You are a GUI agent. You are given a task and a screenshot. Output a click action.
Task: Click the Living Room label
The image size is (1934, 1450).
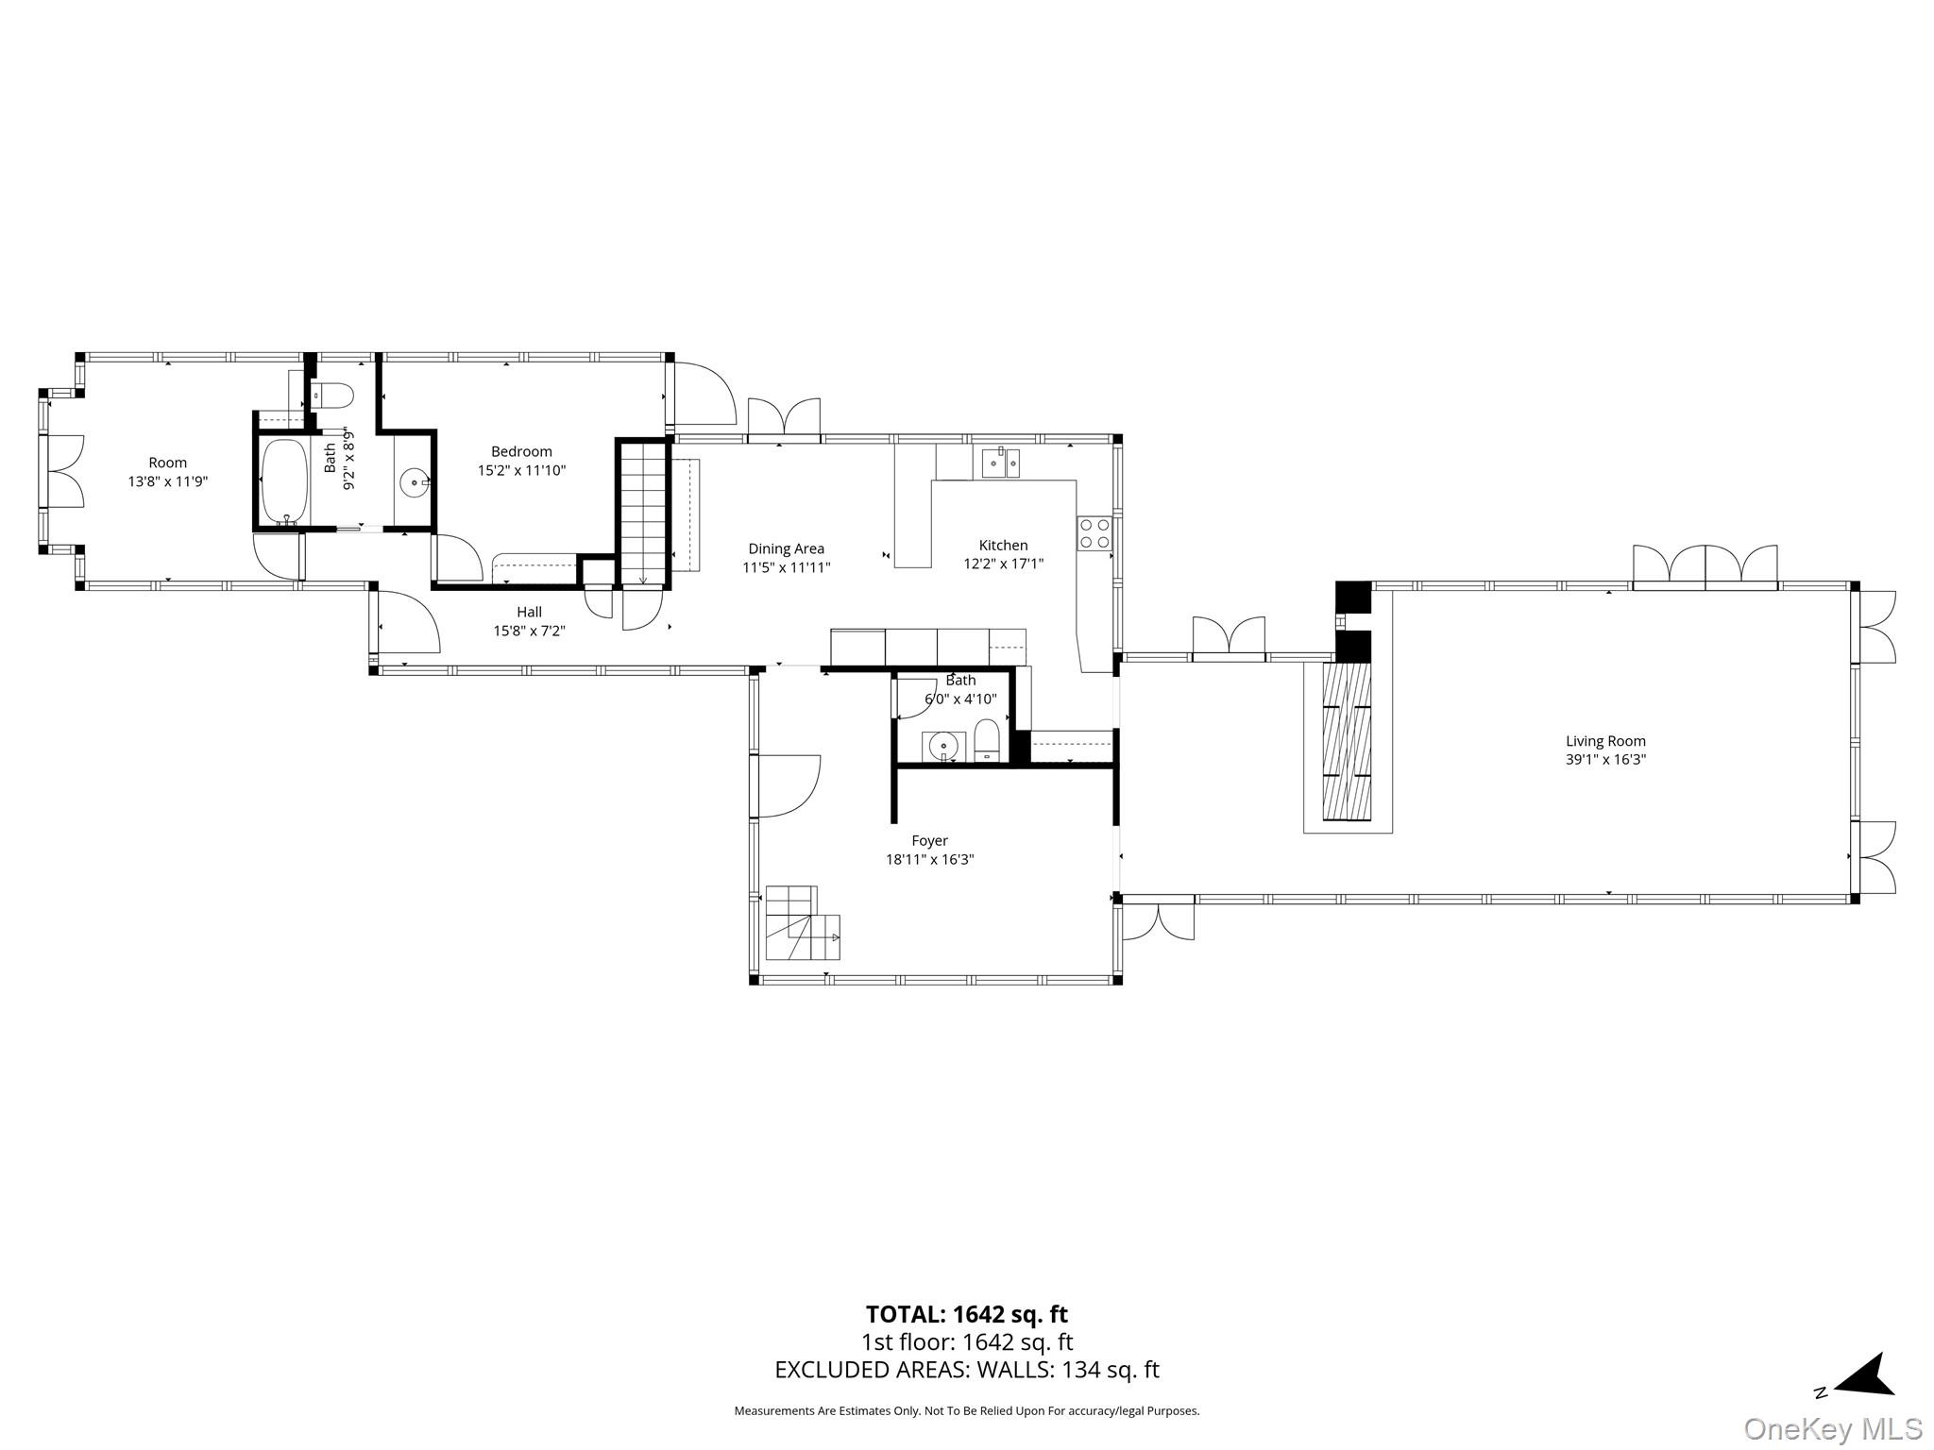pyautogui.click(x=1604, y=741)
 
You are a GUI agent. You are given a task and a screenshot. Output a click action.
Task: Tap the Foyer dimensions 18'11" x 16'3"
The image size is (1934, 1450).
pyautogui.click(x=929, y=859)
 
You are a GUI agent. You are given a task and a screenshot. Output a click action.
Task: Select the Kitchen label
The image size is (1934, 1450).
pyautogui.click(x=1003, y=545)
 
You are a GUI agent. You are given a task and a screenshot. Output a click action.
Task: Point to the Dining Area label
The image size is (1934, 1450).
pyautogui.click(x=786, y=548)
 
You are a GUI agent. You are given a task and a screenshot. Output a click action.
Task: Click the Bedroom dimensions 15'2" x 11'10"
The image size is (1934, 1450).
pyautogui.click(x=521, y=470)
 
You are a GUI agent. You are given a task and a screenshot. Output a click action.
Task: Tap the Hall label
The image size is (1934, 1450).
pyautogui.click(x=529, y=612)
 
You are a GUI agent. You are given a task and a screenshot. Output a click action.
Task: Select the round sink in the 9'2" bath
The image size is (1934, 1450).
pyautogui.click(x=415, y=482)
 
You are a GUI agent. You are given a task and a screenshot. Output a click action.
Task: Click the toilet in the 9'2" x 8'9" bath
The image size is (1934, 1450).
pyautogui.click(x=331, y=394)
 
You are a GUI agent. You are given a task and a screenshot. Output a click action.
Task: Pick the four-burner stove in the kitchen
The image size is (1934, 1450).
pyautogui.click(x=1094, y=533)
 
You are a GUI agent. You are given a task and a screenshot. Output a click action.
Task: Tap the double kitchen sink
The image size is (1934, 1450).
pyautogui.click(x=1000, y=463)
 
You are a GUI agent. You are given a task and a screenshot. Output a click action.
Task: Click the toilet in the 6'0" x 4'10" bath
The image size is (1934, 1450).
pyautogui.click(x=987, y=741)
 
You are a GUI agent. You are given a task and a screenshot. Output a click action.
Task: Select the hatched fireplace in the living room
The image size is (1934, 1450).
pyautogui.click(x=1347, y=741)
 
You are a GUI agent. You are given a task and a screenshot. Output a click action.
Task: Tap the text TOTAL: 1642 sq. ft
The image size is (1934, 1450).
pyautogui.click(x=966, y=1314)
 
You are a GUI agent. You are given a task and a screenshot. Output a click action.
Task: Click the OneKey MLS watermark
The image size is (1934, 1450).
pyautogui.click(x=1833, y=1428)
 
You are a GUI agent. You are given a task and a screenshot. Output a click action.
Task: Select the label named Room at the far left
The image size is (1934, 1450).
pyautogui.click(x=167, y=463)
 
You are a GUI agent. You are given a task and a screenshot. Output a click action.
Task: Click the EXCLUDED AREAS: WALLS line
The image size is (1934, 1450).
pyautogui.click(x=966, y=1370)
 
